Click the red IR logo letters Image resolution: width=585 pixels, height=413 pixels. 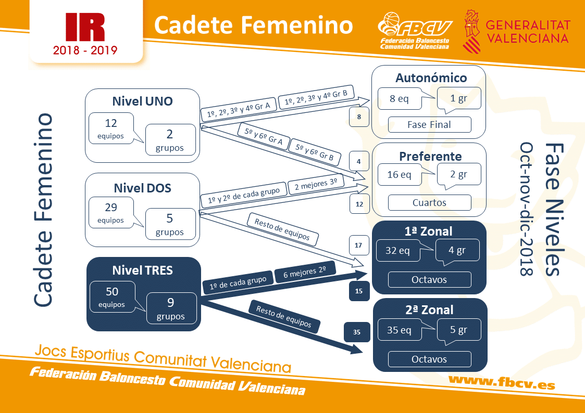[x=85, y=27]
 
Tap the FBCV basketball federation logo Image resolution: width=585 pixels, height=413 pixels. [x=415, y=31]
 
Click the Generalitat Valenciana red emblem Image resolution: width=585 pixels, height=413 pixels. [x=471, y=31]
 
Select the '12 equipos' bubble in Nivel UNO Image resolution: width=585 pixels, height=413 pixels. [x=111, y=128]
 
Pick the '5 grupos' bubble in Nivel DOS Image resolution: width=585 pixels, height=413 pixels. [x=170, y=224]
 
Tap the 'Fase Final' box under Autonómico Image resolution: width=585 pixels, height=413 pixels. [x=429, y=125]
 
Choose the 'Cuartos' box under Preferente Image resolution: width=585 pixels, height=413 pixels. [x=429, y=202]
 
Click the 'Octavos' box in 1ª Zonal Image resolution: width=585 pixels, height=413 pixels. [x=429, y=280]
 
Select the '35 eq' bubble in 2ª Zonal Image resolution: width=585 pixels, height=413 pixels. [x=400, y=330]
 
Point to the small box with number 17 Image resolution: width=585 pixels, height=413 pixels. [x=358, y=245]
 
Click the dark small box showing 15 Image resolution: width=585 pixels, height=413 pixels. [x=359, y=291]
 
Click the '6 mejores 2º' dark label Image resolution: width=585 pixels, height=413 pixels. [x=304, y=273]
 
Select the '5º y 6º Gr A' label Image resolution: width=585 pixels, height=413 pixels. [x=264, y=136]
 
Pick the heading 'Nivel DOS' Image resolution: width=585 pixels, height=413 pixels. [x=143, y=188]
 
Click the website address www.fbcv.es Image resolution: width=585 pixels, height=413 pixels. [x=502, y=382]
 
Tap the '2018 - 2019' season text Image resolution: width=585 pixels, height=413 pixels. [x=85, y=50]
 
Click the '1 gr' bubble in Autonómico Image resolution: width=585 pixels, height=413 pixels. [x=459, y=98]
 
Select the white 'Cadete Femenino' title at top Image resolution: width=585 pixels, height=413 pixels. [x=254, y=25]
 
